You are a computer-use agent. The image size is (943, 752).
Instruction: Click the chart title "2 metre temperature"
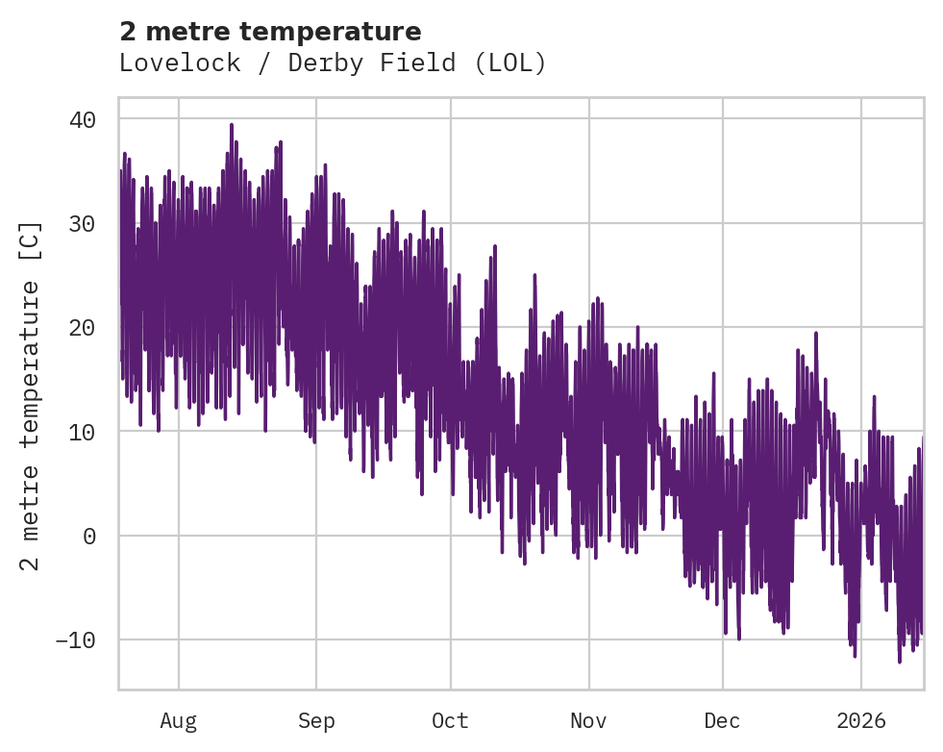pyautogui.click(x=270, y=32)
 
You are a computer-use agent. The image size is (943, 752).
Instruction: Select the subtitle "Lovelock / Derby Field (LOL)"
pyautogui.click(x=333, y=63)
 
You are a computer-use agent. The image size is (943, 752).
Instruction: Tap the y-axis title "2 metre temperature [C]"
pyautogui.click(x=32, y=395)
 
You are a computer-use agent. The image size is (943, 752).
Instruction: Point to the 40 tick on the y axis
pyautogui.click(x=82, y=119)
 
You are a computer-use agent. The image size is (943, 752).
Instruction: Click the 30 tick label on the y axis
pyautogui.click(x=82, y=223)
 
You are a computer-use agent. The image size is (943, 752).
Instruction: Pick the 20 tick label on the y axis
pyautogui.click(x=82, y=327)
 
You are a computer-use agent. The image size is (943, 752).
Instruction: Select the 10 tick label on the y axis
pyautogui.click(x=82, y=432)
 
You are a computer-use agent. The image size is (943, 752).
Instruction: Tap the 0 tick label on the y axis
pyautogui.click(x=89, y=536)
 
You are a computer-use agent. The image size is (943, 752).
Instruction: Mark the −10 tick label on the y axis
pyautogui.click(x=75, y=639)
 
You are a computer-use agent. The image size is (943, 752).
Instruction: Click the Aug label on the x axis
pyautogui.click(x=178, y=721)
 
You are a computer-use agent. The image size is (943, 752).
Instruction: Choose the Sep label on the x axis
pyautogui.click(x=315, y=721)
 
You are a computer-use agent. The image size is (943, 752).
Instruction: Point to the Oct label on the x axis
pyautogui.click(x=450, y=721)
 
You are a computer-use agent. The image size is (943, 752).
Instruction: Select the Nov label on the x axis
pyautogui.click(x=588, y=721)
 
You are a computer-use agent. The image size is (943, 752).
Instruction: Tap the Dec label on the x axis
pyautogui.click(x=722, y=721)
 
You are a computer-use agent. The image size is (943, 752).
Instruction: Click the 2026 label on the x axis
pyautogui.click(x=861, y=721)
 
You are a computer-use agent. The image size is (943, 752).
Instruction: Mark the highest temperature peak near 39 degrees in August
pyautogui.click(x=232, y=125)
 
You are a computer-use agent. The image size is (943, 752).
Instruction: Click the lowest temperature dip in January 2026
pyautogui.click(x=900, y=662)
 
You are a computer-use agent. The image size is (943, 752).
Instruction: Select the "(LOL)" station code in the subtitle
pyautogui.click(x=516, y=63)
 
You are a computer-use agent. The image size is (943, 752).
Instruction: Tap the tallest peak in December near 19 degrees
pyautogui.click(x=816, y=334)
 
